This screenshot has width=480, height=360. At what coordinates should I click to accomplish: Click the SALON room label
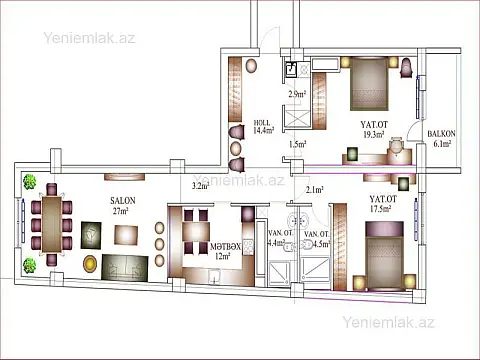tap(123, 199)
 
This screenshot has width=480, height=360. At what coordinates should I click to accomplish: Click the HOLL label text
tap(263, 122)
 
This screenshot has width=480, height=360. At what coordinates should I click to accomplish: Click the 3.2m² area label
tap(200, 186)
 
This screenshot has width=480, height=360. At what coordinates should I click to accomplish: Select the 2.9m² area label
tap(297, 95)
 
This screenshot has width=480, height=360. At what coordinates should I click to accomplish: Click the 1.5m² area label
tap(297, 144)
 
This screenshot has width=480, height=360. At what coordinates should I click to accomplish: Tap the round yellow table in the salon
tap(91, 263)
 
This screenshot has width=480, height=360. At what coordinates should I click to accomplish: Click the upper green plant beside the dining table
tap(30, 183)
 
